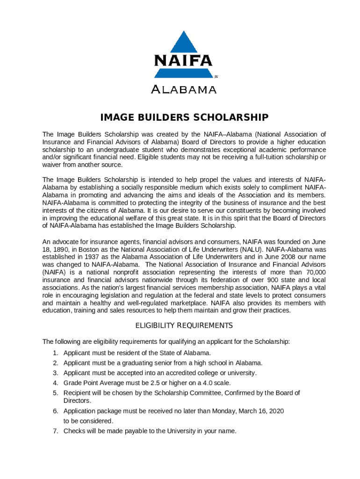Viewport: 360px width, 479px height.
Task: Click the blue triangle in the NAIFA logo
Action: [x=183, y=43]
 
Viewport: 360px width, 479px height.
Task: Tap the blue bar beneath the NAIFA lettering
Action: [x=183, y=73]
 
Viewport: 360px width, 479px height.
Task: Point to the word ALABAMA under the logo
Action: [x=183, y=89]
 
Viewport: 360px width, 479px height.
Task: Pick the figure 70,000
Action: [x=313, y=272]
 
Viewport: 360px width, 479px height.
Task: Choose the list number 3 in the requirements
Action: [x=55, y=373]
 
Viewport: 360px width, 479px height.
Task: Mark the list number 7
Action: [x=55, y=431]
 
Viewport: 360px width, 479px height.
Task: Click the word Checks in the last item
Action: [x=73, y=431]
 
